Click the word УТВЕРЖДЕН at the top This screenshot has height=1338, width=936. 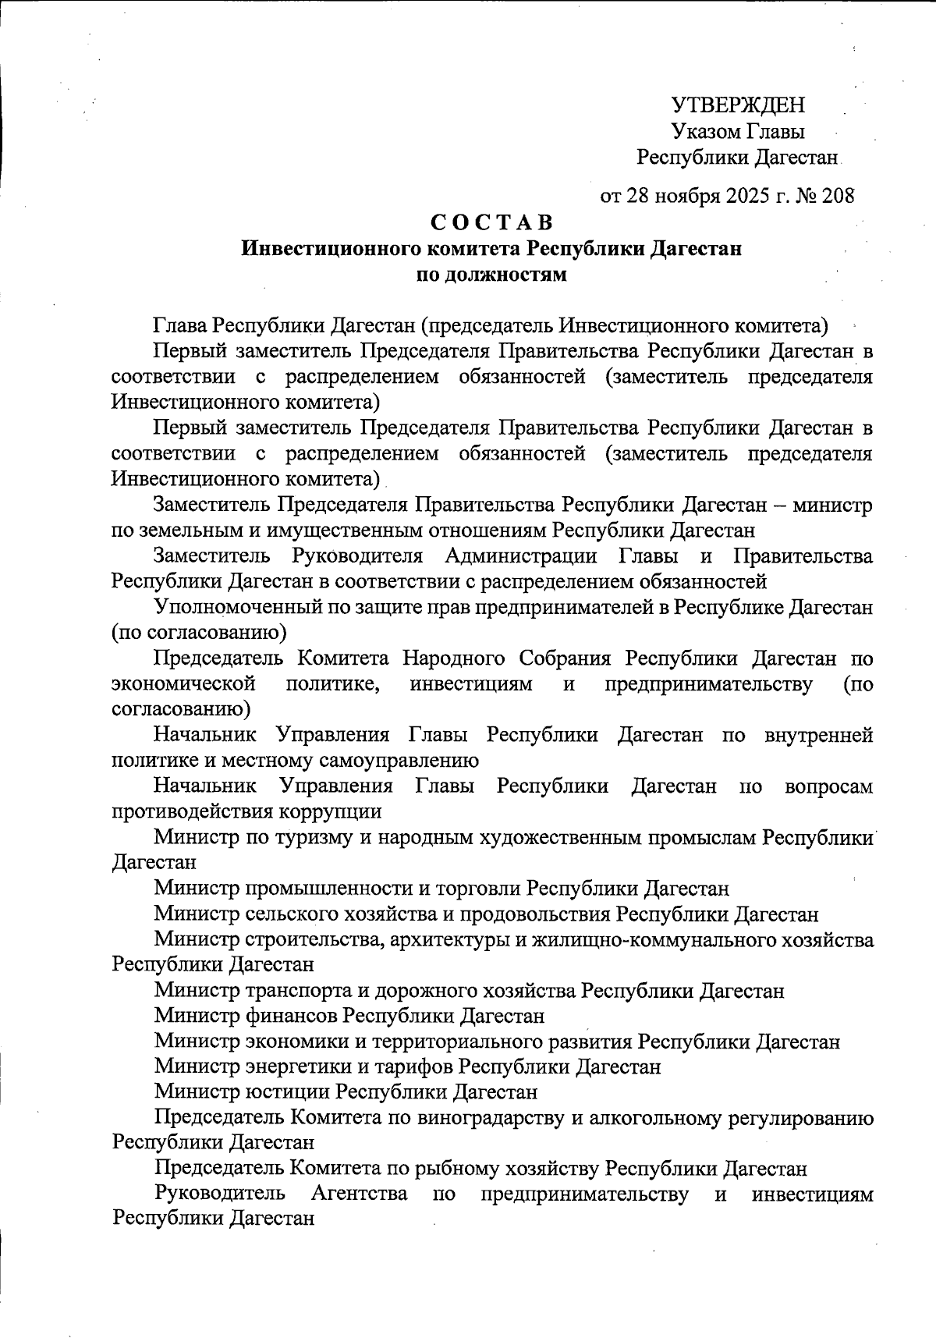739,105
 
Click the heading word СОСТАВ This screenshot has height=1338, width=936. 492,222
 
